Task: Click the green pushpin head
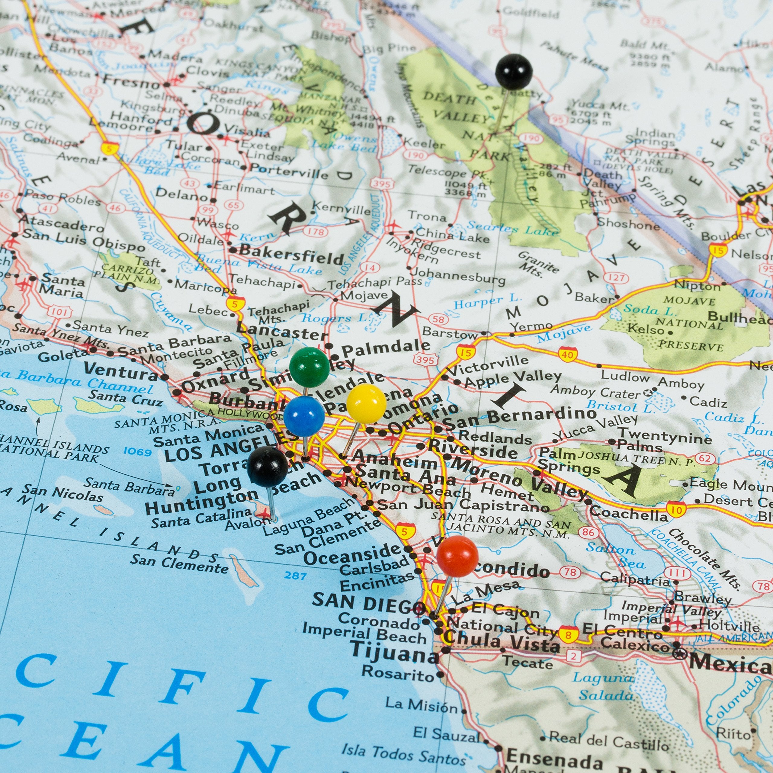pyautogui.click(x=309, y=367)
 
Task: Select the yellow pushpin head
pyautogui.click(x=366, y=403)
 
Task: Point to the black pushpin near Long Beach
pyautogui.click(x=267, y=467)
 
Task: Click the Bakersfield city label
pyautogui.click(x=291, y=255)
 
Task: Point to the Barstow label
pyautogui.click(x=450, y=333)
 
